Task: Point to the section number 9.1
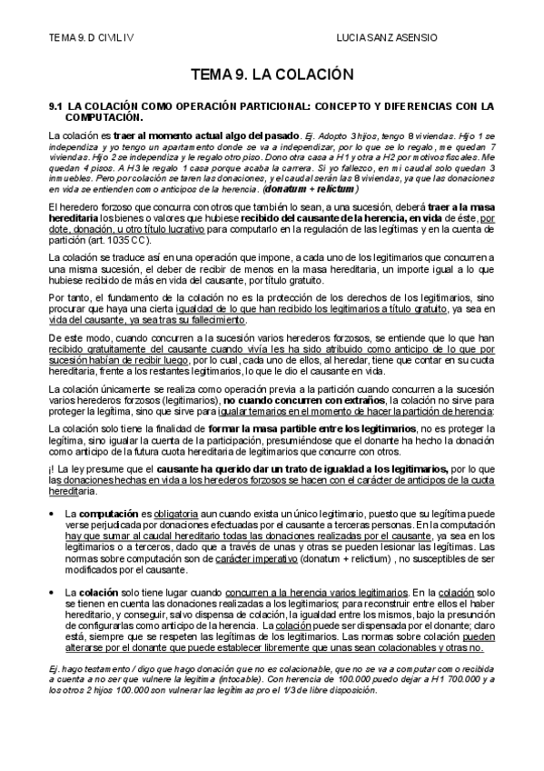[54, 105]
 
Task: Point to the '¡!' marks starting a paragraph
[53, 469]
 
